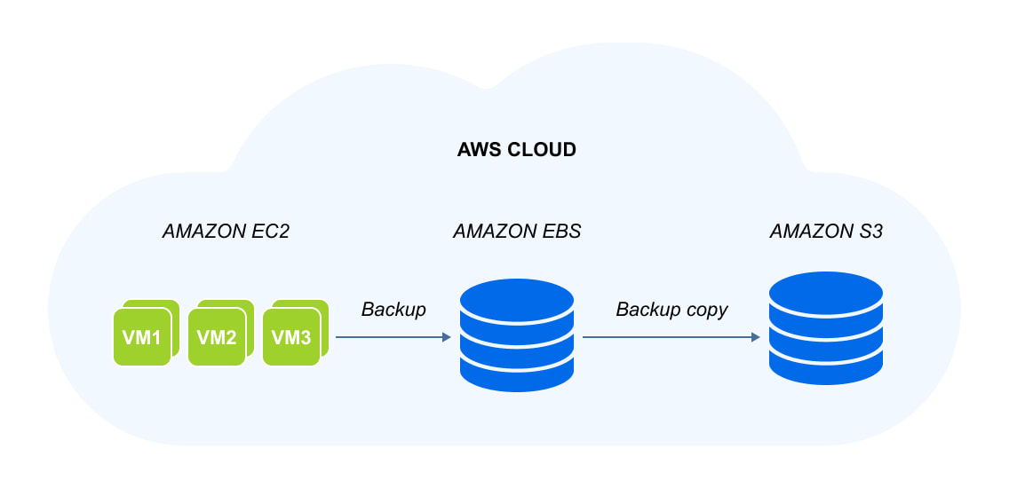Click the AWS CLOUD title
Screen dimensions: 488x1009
516,150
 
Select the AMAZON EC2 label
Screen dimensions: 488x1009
226,232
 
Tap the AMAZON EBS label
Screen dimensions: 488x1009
517,232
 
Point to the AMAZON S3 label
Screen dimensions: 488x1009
826,232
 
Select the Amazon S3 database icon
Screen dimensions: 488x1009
826,328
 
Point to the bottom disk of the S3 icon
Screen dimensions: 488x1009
826,366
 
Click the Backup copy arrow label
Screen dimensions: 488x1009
671,310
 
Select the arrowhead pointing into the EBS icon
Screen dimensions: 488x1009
446,338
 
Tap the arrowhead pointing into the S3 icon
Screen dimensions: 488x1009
755,338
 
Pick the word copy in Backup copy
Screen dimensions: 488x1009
706,311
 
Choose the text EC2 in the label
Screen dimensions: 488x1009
271,232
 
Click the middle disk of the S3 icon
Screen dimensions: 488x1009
826,330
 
